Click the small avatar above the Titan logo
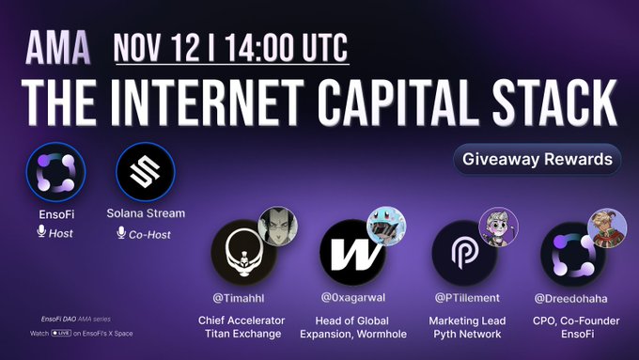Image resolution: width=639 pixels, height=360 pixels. (278, 226)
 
